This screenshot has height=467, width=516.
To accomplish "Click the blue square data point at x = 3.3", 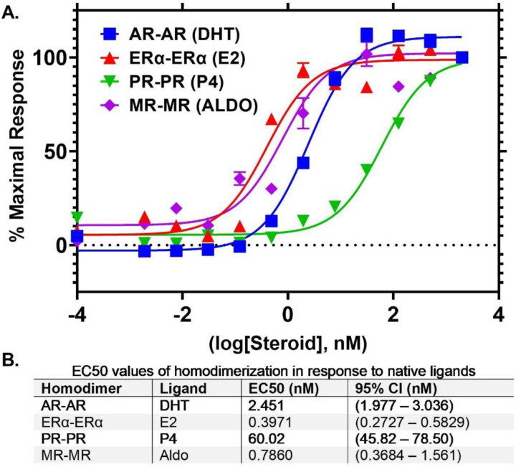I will coord(462,57).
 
